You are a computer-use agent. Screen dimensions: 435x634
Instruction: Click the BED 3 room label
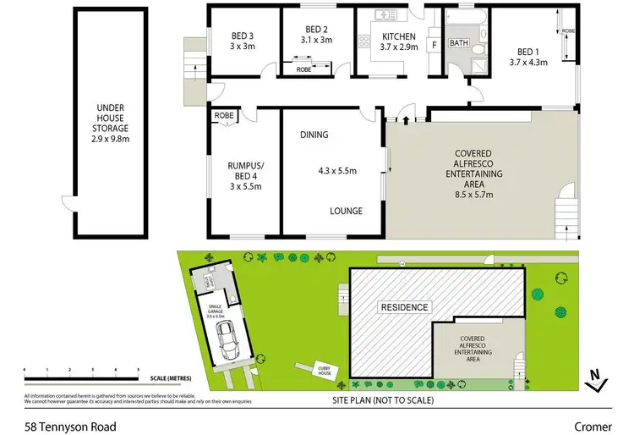click(243, 36)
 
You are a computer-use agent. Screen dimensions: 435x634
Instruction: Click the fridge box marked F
click(435, 44)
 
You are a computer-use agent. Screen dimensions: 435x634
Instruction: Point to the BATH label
click(459, 43)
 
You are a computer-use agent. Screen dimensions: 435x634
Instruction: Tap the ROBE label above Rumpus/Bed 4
click(224, 115)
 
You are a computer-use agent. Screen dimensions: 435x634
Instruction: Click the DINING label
click(314, 135)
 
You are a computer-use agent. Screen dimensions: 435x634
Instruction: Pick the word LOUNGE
click(347, 211)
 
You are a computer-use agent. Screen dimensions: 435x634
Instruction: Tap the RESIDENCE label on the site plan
click(403, 306)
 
